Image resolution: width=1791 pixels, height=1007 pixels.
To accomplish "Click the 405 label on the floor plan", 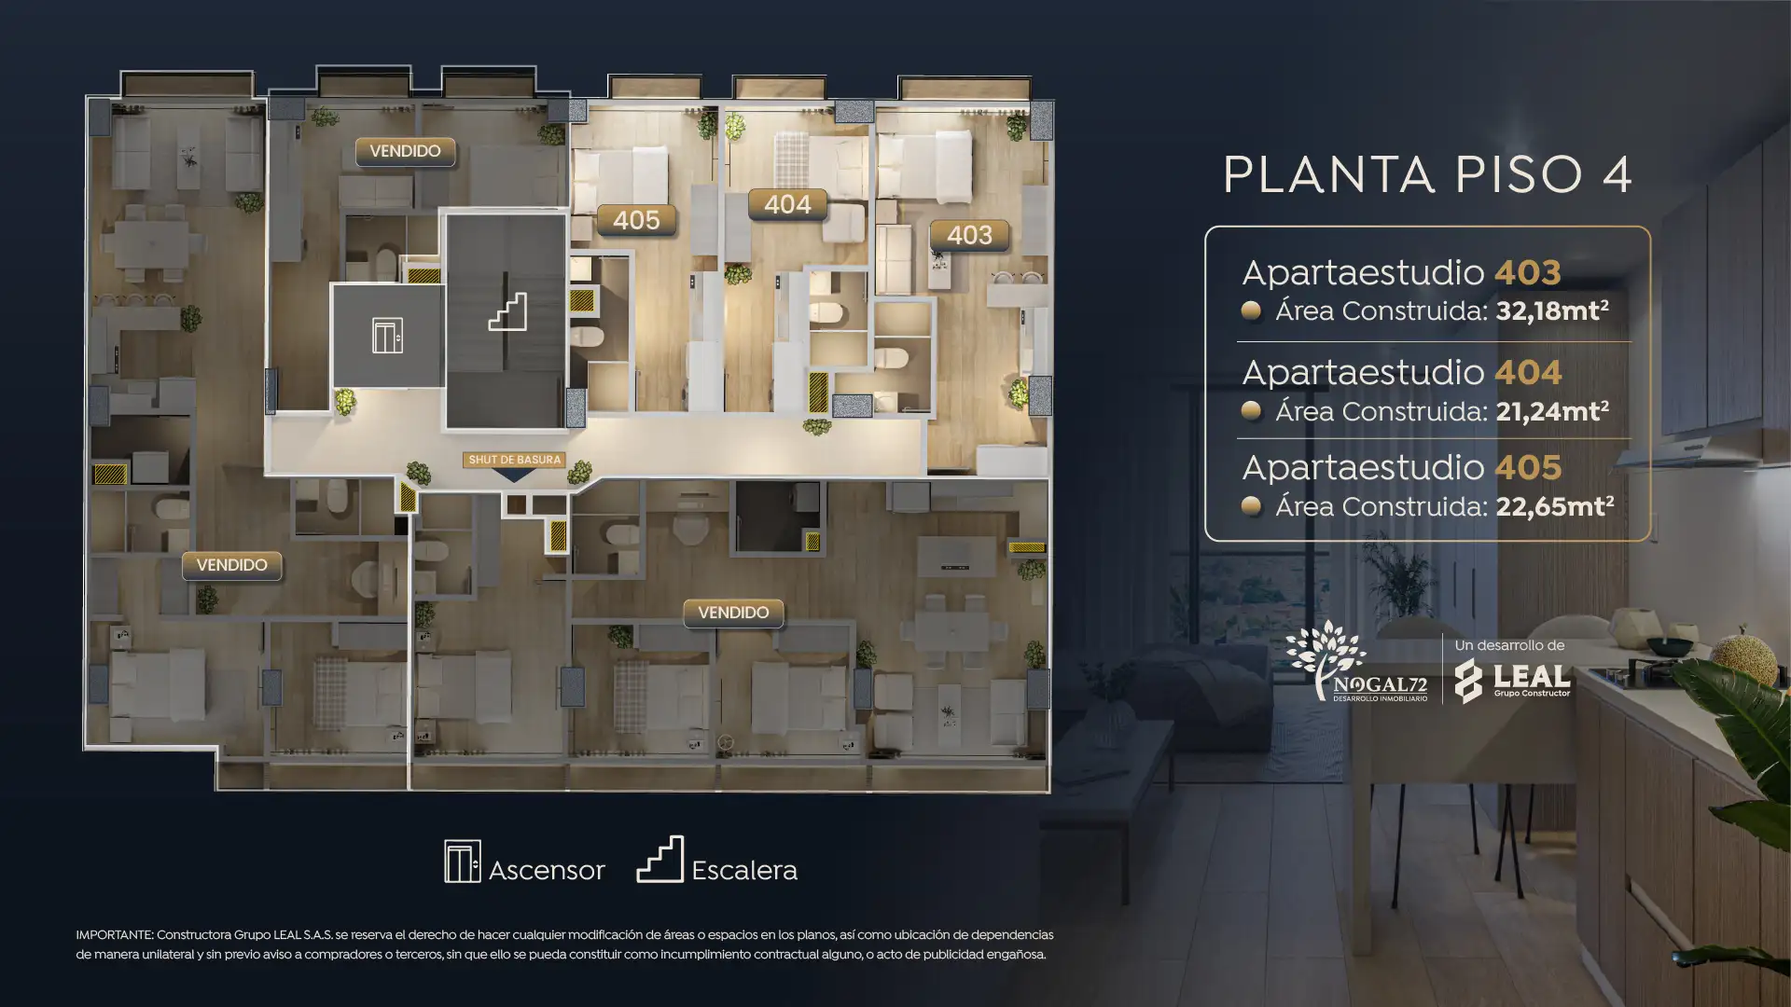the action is point(636,220).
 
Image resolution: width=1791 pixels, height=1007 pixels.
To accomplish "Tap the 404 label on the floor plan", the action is point(787,204).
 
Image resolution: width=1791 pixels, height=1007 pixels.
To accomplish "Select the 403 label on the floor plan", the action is point(969,235).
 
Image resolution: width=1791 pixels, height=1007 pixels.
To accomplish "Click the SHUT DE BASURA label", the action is point(514,460).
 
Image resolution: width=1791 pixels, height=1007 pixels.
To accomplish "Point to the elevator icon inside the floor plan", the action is point(387,336).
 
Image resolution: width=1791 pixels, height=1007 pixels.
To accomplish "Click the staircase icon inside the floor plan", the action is point(507,312).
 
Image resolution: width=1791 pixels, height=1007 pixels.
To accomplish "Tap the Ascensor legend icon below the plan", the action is point(463,861).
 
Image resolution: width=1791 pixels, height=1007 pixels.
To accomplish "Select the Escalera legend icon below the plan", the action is point(660,859).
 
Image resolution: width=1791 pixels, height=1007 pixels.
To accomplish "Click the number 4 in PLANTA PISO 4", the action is point(1617,174).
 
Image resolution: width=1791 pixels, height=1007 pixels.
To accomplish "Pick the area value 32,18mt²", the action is point(1552,310).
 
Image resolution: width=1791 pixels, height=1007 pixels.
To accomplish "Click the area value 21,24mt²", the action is point(1552,411).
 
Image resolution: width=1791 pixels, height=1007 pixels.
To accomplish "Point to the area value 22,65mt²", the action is point(1555,506).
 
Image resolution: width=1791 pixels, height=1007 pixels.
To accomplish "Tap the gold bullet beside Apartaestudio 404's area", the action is point(1251,410).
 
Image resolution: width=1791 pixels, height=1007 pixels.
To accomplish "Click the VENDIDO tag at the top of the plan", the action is point(405,151).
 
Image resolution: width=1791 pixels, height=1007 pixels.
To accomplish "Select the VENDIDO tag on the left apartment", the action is point(231,565).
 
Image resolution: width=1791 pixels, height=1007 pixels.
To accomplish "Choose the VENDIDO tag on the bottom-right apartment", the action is point(733,613).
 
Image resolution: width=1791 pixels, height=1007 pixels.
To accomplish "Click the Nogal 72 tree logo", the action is point(1356,662).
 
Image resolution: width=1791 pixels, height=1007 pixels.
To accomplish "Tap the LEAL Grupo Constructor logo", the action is point(1513,681).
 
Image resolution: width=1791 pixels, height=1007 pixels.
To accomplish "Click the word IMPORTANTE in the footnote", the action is point(114,935).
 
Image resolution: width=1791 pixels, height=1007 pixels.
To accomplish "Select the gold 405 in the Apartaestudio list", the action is point(1528,467).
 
